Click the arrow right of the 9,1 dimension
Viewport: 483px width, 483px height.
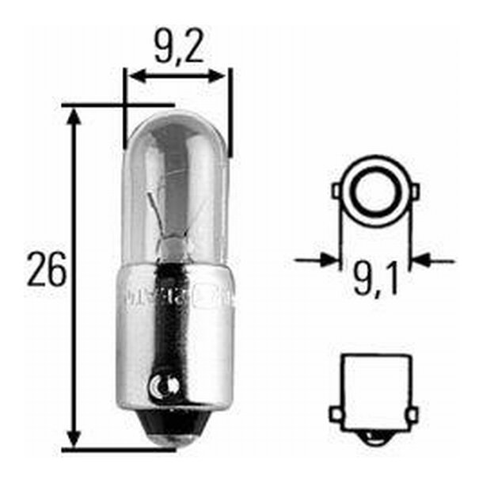click(x=424, y=259)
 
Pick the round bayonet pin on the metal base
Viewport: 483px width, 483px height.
click(x=163, y=386)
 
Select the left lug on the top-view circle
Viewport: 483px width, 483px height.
click(x=337, y=191)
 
